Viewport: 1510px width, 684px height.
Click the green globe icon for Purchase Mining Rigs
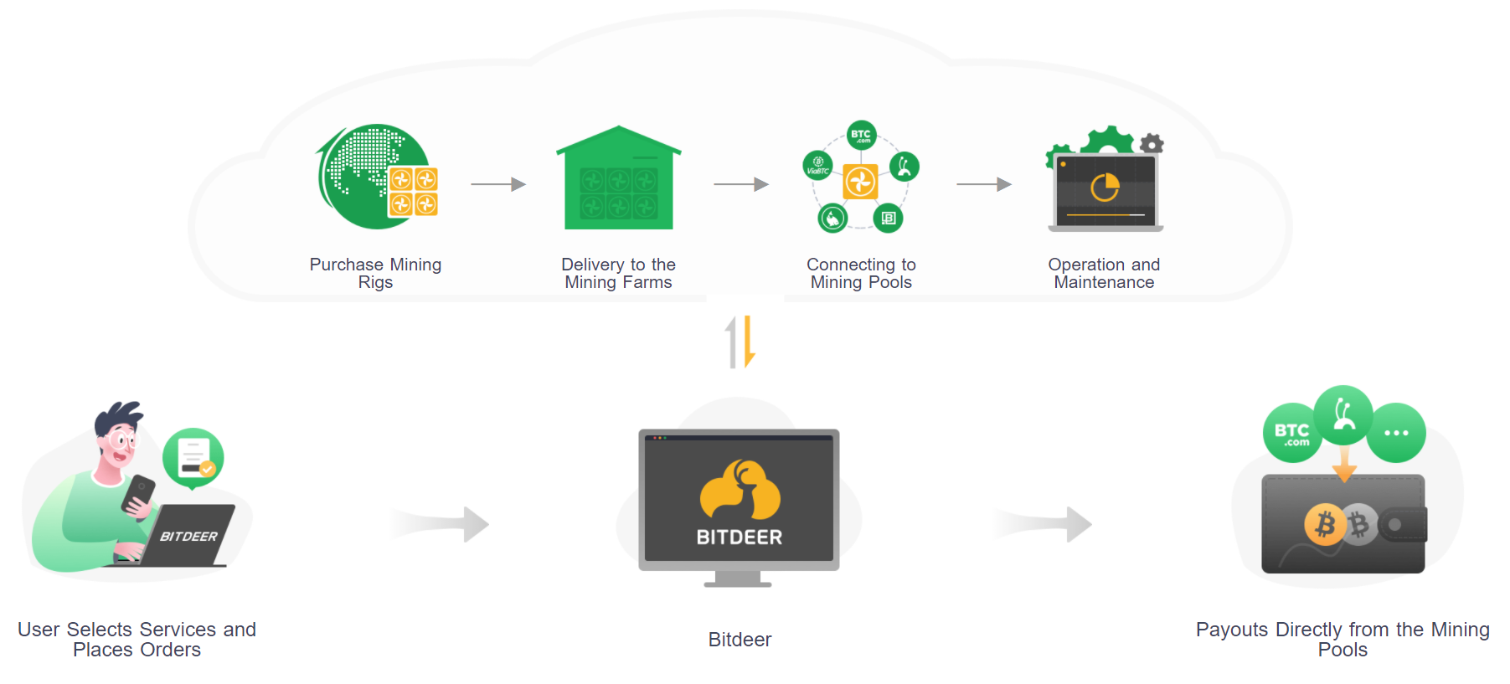(368, 176)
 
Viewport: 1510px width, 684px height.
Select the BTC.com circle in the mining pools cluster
(861, 135)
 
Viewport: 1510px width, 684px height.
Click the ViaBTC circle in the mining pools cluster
(817, 165)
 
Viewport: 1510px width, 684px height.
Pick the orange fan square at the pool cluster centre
(860, 182)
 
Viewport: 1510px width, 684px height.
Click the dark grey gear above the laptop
(1152, 143)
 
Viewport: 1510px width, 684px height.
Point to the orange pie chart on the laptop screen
(1105, 187)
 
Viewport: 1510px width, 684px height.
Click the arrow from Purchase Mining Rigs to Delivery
(498, 184)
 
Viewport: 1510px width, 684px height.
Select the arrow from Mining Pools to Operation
(984, 184)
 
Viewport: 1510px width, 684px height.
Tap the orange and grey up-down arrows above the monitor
(740, 342)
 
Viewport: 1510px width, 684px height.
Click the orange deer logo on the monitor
(740, 489)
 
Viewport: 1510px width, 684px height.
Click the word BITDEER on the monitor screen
(740, 537)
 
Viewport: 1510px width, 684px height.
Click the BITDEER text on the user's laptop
(188, 537)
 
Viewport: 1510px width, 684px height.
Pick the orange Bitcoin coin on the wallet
(1325, 525)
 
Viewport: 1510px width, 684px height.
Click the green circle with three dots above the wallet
(1396, 433)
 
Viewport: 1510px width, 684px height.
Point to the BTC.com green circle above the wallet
(1291, 434)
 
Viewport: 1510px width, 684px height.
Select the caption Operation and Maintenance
(1104, 274)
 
